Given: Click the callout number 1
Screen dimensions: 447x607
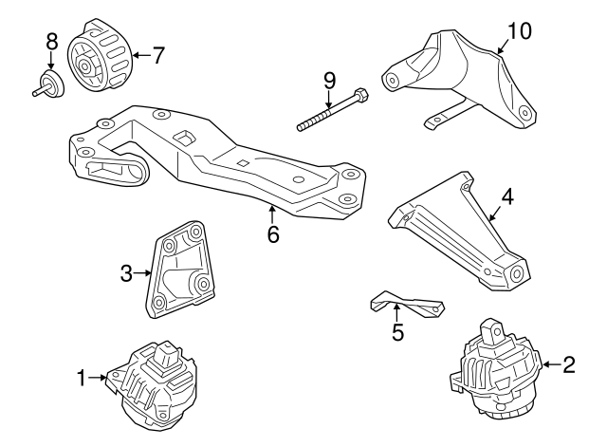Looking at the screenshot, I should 83,379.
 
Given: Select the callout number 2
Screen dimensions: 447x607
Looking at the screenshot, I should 569,363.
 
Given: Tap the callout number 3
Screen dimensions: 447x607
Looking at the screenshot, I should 127,275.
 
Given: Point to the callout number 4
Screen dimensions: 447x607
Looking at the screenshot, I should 507,196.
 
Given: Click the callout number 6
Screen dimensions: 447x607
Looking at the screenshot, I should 273,233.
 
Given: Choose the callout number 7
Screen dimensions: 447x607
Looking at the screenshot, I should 157,55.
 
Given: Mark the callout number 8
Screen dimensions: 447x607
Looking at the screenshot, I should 51,41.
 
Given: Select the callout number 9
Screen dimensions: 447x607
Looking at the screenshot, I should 329,79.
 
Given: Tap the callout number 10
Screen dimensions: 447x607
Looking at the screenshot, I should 519,30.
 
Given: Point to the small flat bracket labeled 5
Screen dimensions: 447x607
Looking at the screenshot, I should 406,304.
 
